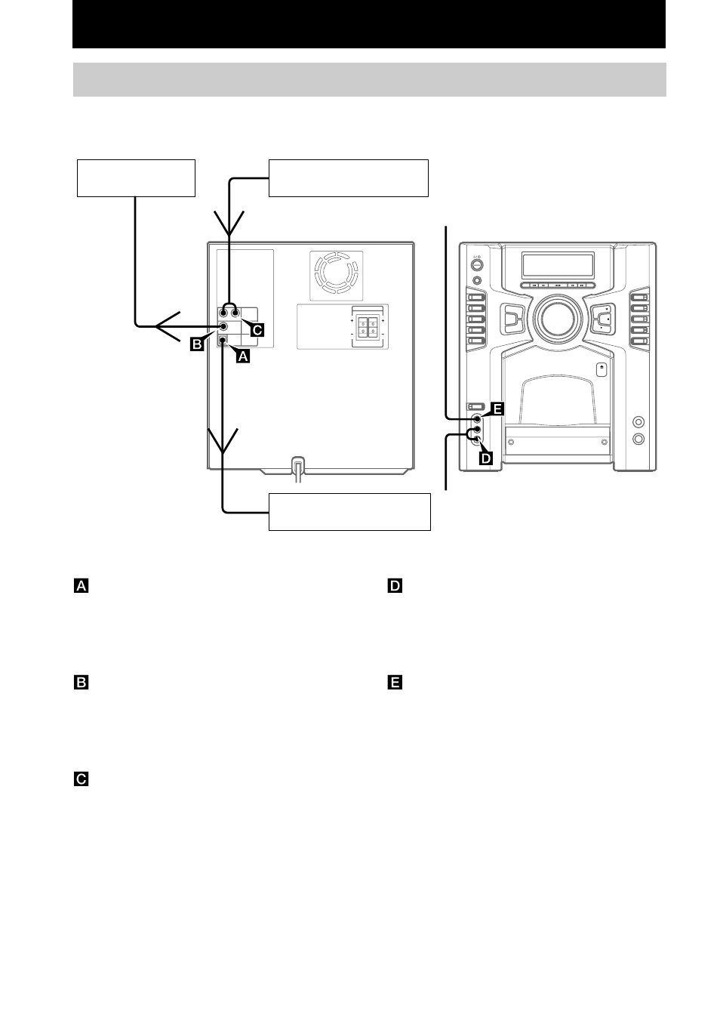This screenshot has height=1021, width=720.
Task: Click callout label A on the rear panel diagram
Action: (x=243, y=356)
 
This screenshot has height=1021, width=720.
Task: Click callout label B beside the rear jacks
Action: (x=197, y=344)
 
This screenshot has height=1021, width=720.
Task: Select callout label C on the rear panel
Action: (x=257, y=330)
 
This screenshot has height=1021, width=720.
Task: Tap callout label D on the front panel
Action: (x=486, y=458)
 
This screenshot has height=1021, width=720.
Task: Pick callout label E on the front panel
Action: (x=497, y=409)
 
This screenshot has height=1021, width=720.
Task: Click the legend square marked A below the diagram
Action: (x=81, y=585)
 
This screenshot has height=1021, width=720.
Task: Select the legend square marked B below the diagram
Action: (x=81, y=683)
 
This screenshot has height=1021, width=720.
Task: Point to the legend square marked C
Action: (x=81, y=779)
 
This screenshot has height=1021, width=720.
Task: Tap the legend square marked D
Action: (x=395, y=585)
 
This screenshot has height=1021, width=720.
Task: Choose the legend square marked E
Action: (x=395, y=683)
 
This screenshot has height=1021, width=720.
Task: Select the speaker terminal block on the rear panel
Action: (x=368, y=326)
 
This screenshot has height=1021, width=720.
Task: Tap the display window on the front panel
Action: (x=558, y=265)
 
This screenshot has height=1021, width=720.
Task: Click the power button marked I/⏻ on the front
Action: (x=476, y=266)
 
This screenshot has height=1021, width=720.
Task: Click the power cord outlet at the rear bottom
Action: (x=298, y=468)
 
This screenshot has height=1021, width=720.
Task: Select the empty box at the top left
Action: (x=136, y=178)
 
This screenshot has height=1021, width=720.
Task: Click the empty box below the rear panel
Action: (x=349, y=512)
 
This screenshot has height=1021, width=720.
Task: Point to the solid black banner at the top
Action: (x=369, y=24)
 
